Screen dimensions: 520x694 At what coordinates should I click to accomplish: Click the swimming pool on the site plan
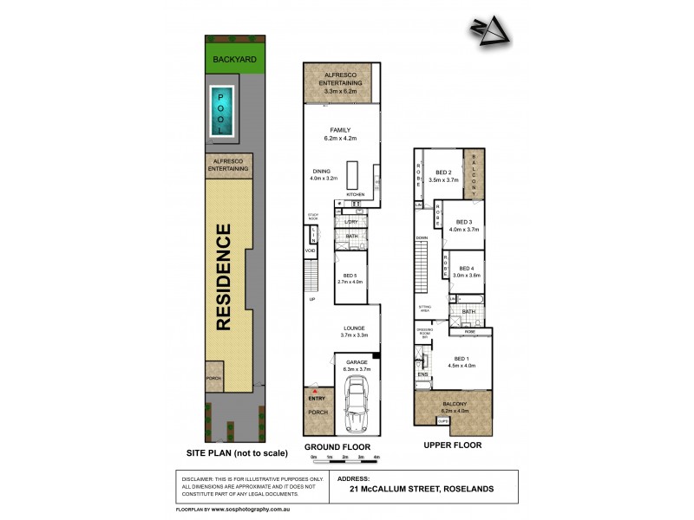click(x=220, y=111)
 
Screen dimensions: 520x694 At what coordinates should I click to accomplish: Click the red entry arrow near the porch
click(x=317, y=391)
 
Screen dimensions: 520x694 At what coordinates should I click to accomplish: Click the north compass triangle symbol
click(x=491, y=33)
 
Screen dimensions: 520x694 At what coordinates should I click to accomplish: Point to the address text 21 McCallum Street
click(x=423, y=489)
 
